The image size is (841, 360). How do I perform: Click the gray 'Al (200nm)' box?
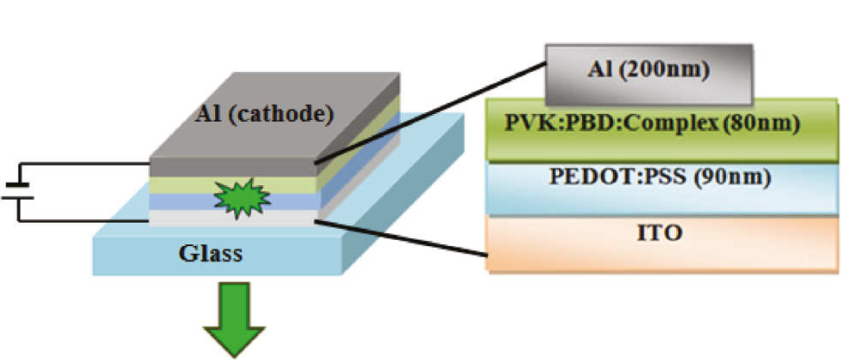coord(648,69)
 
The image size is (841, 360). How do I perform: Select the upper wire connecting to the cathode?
coord(86,163)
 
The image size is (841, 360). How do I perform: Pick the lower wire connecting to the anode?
coord(86,220)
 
